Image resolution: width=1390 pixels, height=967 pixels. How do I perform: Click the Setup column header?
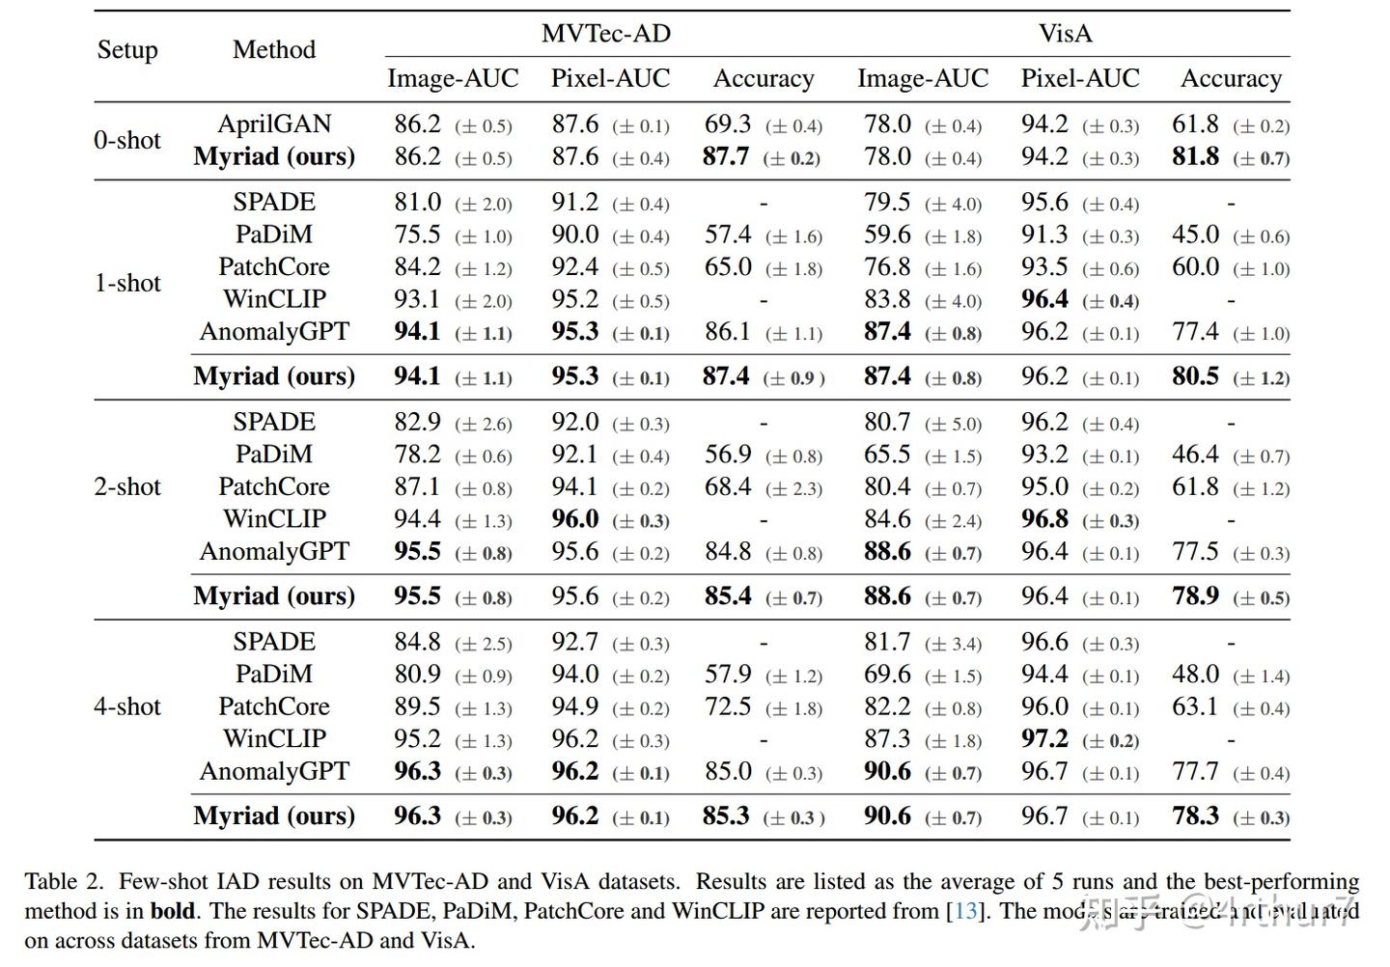(x=127, y=50)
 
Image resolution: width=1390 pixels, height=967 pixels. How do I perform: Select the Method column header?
(x=274, y=50)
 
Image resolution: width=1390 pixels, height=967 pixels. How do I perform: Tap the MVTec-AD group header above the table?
(x=606, y=34)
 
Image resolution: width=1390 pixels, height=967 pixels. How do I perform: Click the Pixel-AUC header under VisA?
(x=1080, y=78)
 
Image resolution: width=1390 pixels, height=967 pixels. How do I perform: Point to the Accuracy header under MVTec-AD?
(x=764, y=78)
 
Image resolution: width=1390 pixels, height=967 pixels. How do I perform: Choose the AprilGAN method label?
(x=274, y=124)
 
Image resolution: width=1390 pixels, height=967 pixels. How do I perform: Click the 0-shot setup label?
(x=127, y=141)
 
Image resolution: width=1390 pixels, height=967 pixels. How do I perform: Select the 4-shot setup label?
(x=127, y=706)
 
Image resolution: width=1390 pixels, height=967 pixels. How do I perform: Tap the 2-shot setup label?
(x=127, y=486)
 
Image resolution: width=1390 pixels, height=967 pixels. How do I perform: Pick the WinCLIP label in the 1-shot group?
(x=274, y=299)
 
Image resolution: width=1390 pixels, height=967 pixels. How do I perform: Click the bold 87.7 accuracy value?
(x=726, y=156)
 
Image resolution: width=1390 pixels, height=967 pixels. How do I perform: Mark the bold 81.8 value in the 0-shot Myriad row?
(x=1195, y=156)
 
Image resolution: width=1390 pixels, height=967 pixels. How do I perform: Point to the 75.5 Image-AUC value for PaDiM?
(x=417, y=235)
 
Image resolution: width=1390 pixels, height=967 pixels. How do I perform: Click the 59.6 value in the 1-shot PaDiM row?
(x=887, y=235)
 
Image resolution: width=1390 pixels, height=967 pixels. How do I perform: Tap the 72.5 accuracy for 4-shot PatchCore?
(x=727, y=706)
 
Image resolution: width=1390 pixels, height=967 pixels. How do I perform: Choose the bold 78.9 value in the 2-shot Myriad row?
(x=1195, y=596)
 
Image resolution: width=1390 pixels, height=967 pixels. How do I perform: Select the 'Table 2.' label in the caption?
(x=64, y=881)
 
